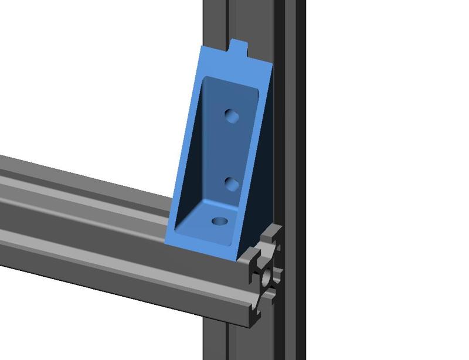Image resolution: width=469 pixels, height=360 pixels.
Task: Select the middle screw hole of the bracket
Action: coord(232,185)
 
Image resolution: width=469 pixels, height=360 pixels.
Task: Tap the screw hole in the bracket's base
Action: coord(220,222)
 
